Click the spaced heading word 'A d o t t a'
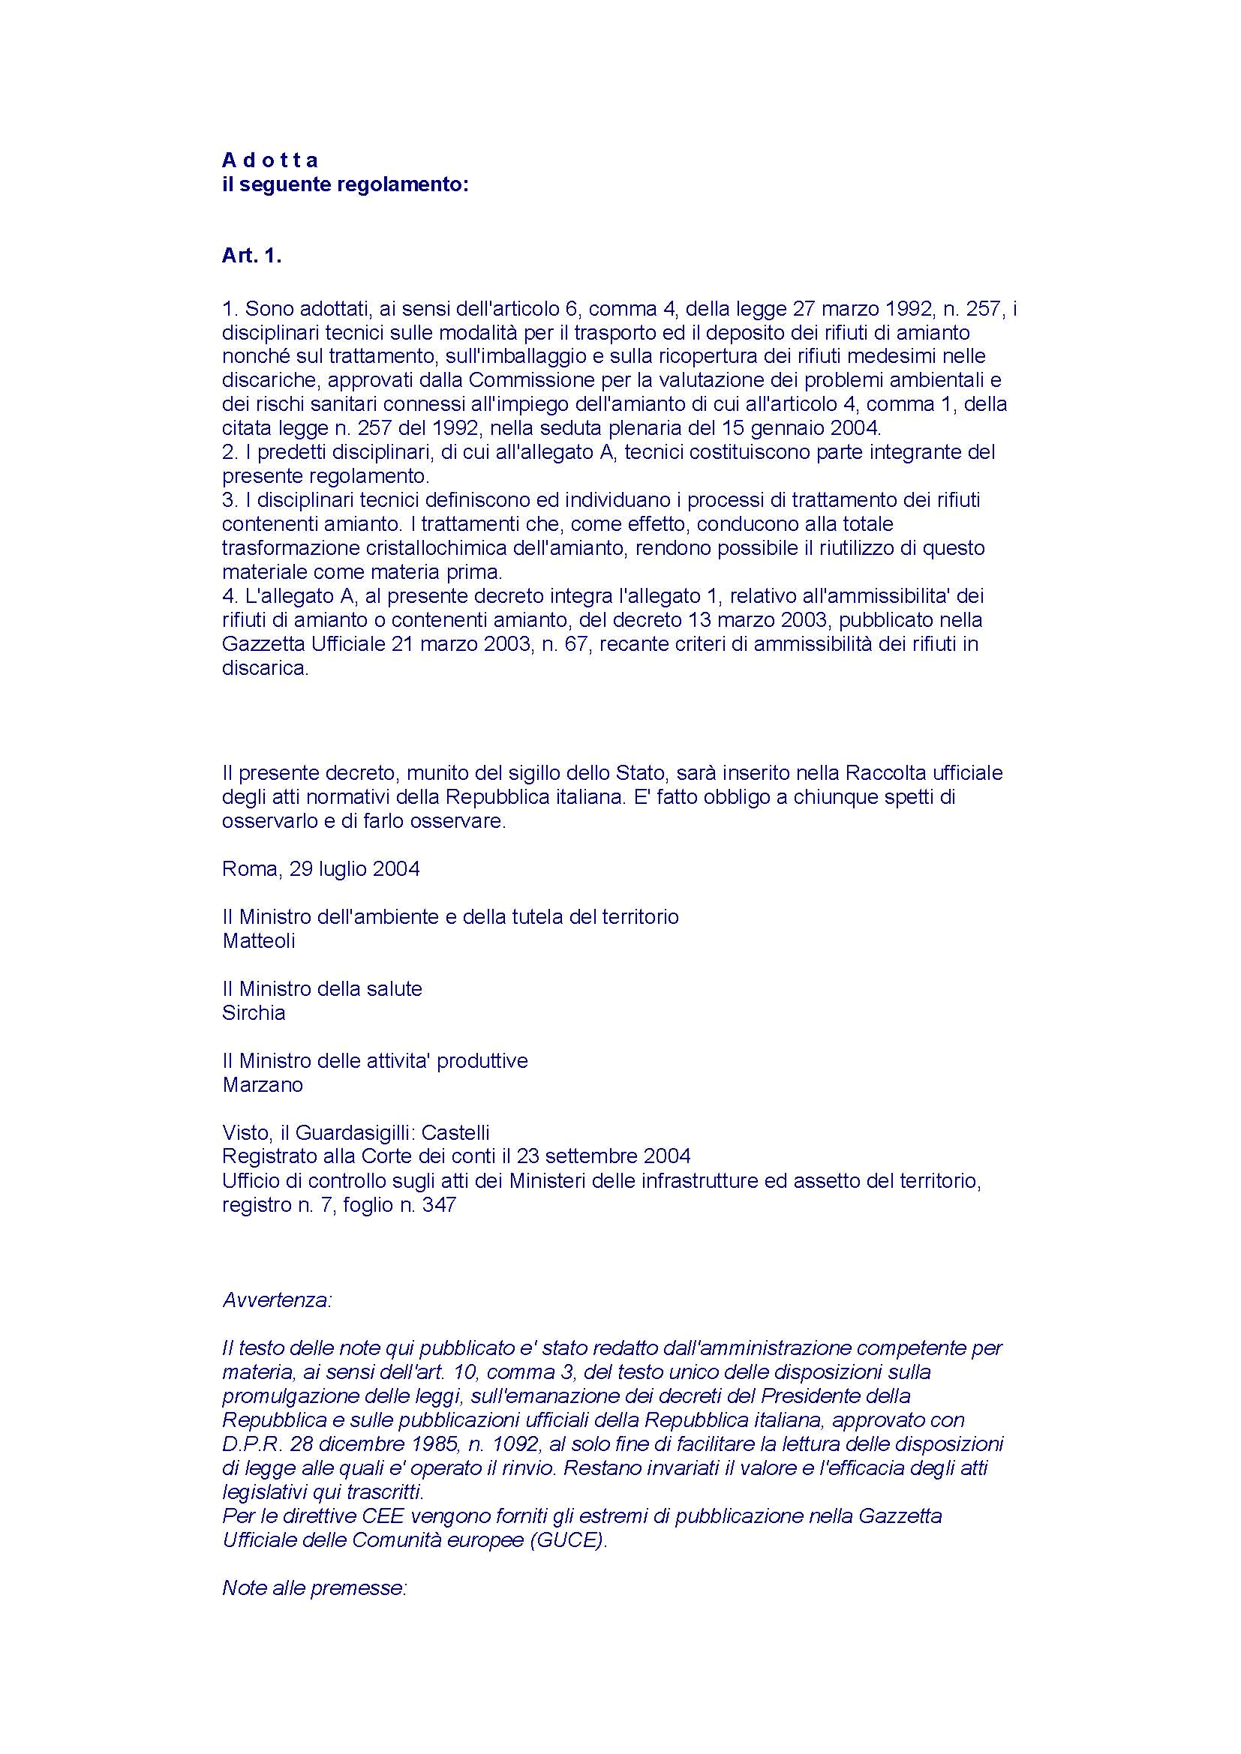[x=270, y=160]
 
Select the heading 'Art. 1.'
[x=251, y=256]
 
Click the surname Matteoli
[x=258, y=940]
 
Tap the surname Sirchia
[x=254, y=1012]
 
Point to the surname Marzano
[x=262, y=1085]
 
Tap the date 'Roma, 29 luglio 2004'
[x=321, y=868]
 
